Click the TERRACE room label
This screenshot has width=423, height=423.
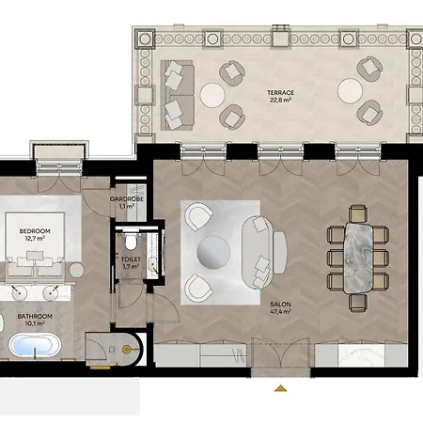point(280,93)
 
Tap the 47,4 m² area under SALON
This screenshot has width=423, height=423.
point(280,311)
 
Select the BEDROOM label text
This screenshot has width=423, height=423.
point(35,231)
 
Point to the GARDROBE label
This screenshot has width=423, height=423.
point(127,199)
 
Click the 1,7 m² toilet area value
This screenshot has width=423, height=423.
point(131,267)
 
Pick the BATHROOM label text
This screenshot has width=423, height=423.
point(35,317)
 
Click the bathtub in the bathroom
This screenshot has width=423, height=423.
point(35,345)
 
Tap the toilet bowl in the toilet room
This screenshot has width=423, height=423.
point(131,243)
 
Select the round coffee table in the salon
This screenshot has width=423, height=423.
point(213,252)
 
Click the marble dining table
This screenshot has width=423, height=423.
point(358,258)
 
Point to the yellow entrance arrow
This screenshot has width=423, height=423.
point(280,388)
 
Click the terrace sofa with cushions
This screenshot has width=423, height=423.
point(177,95)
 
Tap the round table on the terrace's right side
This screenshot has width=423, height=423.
point(350,91)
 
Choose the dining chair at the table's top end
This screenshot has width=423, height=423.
point(358,213)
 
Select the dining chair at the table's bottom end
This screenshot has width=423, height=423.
point(358,303)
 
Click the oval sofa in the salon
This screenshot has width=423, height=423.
point(257,252)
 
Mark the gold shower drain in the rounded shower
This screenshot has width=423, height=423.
point(127,350)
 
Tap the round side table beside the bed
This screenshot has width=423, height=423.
point(76,270)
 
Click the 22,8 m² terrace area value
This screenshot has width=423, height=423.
point(280,100)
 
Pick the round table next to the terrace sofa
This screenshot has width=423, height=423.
point(212,95)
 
